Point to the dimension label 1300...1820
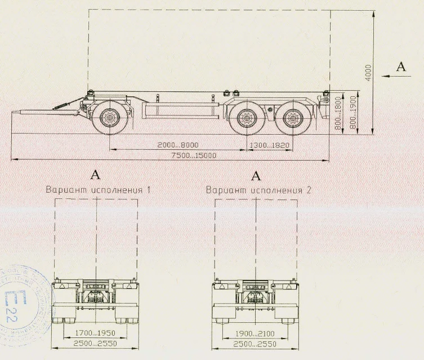tap(268, 145)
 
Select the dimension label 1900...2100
tap(255, 333)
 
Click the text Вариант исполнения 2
tap(258, 190)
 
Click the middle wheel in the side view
tap(246, 119)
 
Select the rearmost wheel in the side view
tap(291, 119)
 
